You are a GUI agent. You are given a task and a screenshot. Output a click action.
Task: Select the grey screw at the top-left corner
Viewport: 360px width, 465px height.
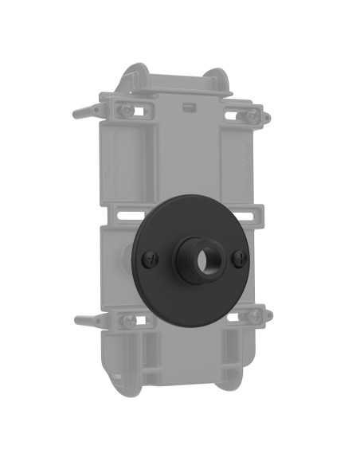(126, 111)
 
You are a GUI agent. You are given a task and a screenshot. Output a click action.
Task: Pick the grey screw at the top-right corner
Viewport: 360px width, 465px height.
(251, 115)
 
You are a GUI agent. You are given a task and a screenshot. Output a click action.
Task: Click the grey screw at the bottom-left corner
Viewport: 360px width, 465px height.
(127, 320)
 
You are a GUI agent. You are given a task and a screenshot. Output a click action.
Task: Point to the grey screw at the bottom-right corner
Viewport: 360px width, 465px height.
(252, 316)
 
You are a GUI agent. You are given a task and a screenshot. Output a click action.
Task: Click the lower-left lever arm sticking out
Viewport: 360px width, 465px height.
(86, 322)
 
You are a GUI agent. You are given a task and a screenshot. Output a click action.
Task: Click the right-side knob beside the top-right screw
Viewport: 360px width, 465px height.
(267, 119)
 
